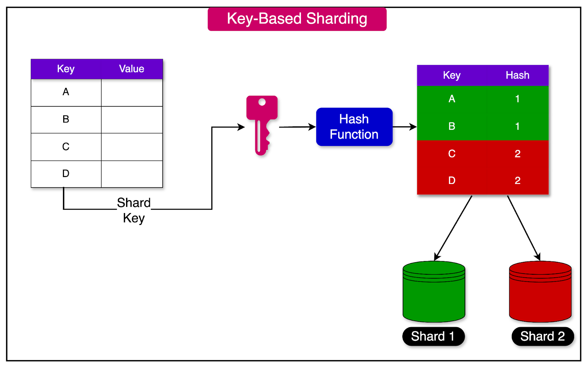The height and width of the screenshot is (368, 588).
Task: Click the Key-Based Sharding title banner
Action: pos(297,19)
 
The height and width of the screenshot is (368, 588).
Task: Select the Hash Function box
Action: pos(354,127)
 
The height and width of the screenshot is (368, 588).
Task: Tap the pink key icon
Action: pos(261,123)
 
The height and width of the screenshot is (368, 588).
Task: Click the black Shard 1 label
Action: pos(433,336)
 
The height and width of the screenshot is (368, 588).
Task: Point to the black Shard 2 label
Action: pos(542,336)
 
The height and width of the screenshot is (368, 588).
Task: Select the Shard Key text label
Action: pos(134,210)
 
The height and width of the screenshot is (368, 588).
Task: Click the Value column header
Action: pos(132,69)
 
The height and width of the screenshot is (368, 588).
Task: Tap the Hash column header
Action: pos(517,75)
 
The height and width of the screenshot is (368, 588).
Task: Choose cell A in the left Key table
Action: pos(66,92)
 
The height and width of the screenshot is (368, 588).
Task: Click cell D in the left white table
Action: pos(66,174)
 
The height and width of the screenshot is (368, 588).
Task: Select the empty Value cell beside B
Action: pos(132,119)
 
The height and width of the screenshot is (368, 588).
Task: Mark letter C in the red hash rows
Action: pos(452,154)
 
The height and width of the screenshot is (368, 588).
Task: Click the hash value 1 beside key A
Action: pos(517,99)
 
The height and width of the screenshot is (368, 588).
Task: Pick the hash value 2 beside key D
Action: pos(517,180)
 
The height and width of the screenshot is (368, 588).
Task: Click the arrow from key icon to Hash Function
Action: pos(297,127)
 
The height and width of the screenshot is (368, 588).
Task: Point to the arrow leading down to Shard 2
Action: pos(523,227)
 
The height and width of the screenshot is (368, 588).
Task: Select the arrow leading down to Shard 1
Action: pos(453,227)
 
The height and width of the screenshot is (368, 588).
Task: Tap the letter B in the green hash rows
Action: pos(452,126)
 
